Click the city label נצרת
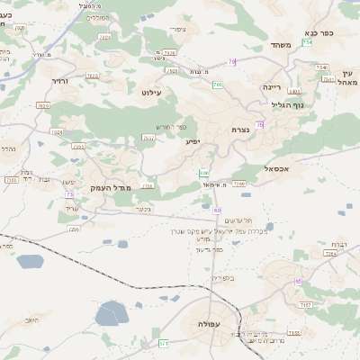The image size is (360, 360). pyautogui.click(x=240, y=130)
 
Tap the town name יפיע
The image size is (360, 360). pyautogui.click(x=193, y=142)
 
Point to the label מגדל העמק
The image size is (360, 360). pyautogui.click(x=112, y=187)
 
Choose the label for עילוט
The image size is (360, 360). pyautogui.click(x=151, y=92)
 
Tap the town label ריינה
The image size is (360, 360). pyautogui.click(x=271, y=88)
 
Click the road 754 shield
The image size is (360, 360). pyautogui.click(x=308, y=42)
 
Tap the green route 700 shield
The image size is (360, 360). pyautogui.click(x=217, y=85)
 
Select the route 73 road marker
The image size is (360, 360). pyautogui.click(x=69, y=194)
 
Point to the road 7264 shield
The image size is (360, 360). pyautogui.click(x=330, y=255)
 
